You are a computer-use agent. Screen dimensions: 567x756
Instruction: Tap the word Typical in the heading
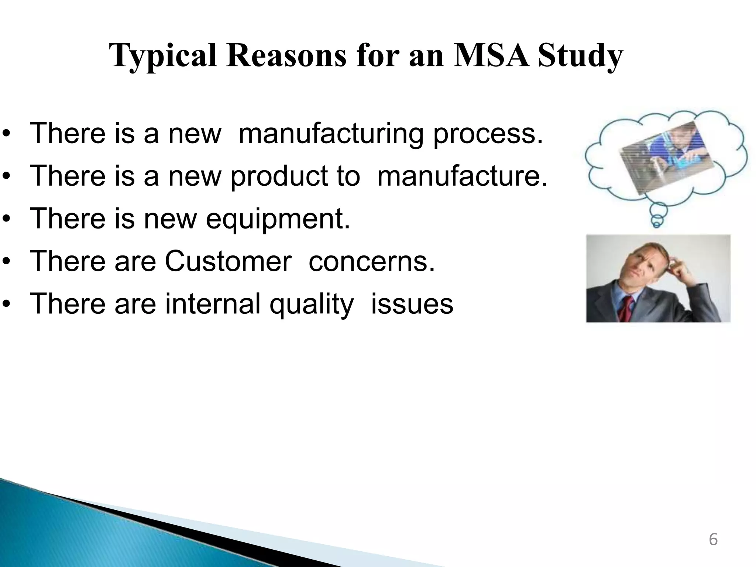(163, 56)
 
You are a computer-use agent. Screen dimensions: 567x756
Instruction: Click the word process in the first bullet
(488, 133)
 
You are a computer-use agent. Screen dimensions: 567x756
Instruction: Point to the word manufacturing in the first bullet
(330, 133)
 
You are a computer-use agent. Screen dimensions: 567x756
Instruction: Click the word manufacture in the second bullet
(461, 176)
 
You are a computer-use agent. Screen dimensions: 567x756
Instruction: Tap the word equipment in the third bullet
(277, 219)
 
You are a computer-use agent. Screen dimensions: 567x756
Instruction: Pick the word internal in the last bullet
(213, 304)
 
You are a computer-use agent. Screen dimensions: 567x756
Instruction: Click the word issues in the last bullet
(412, 304)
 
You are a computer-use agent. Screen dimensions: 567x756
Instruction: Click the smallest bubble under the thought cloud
(657, 223)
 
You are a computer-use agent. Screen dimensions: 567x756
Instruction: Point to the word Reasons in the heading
(286, 56)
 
